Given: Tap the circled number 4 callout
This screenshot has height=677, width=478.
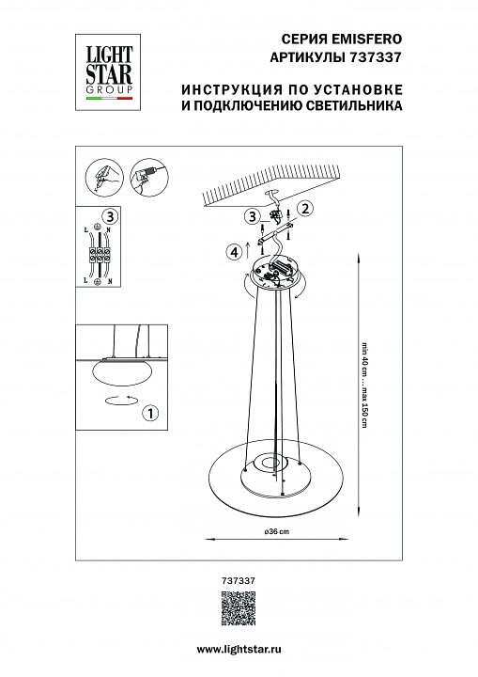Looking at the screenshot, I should coord(232,250).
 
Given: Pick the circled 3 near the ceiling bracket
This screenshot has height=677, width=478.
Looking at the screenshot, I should coord(253,217).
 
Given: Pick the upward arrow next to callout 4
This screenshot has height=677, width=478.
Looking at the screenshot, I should coord(247,248).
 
